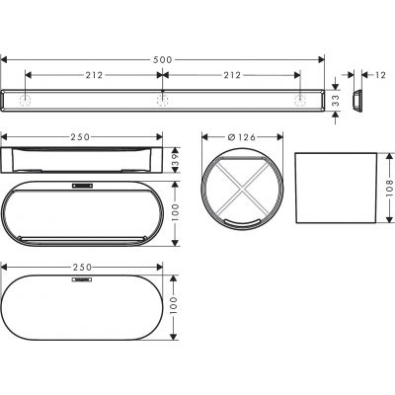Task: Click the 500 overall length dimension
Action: (163, 58)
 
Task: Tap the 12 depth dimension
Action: (378, 74)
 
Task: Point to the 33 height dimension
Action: (336, 101)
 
